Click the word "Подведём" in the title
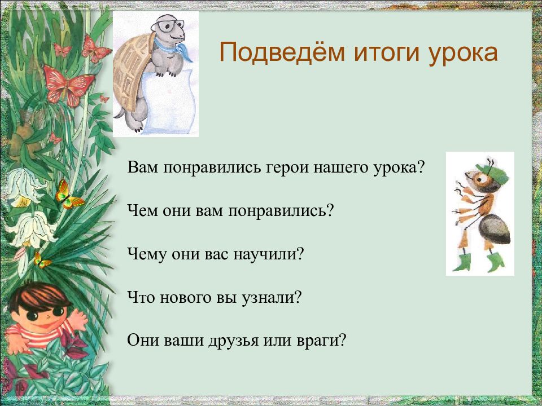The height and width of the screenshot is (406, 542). (x=282, y=53)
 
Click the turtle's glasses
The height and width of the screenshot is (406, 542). (x=168, y=25)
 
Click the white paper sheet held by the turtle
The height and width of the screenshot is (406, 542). (x=168, y=102)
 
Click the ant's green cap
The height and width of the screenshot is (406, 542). (x=492, y=172)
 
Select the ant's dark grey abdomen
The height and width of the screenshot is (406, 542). (x=495, y=229)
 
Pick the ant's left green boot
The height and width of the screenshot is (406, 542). (x=462, y=263)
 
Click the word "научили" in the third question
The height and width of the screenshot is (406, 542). (x=268, y=254)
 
